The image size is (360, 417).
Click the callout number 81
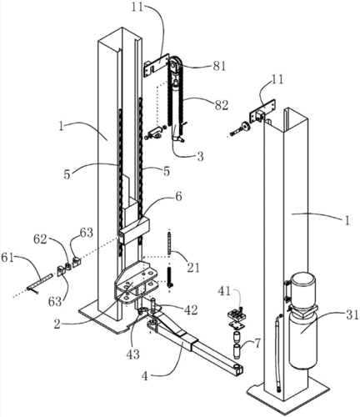[x=218, y=66]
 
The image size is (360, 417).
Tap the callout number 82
[x=221, y=105]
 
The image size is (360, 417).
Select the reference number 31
[x=351, y=316]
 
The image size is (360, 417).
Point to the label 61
[x=8, y=258]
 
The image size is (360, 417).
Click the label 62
[x=41, y=239]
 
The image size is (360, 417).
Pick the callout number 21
[x=192, y=267]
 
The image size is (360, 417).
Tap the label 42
[x=191, y=309]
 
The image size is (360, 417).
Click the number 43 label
[x=132, y=354]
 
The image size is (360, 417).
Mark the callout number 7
[x=257, y=344]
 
